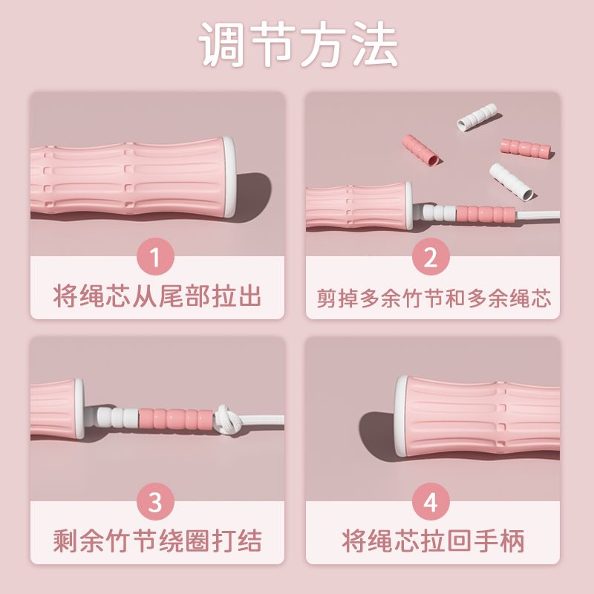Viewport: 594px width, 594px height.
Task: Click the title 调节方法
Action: pyautogui.click(x=298, y=44)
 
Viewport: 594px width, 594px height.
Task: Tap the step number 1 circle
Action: pyautogui.click(x=155, y=256)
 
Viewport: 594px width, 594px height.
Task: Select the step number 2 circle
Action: pyautogui.click(x=431, y=256)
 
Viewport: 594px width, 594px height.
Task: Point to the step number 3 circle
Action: pyautogui.click(x=155, y=501)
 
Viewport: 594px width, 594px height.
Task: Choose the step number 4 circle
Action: pyautogui.click(x=431, y=501)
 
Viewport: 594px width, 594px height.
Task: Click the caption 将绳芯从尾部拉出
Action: pyautogui.click(x=157, y=296)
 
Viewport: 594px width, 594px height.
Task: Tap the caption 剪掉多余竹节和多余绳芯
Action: pyautogui.click(x=434, y=298)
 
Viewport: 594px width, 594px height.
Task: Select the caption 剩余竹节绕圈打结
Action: pyautogui.click(x=157, y=541)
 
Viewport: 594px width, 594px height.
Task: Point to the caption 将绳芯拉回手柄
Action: pyautogui.click(x=433, y=541)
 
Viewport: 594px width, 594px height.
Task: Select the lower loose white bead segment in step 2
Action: pyautogui.click(x=512, y=182)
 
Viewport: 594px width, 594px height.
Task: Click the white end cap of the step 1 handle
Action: pyautogui.click(x=229, y=177)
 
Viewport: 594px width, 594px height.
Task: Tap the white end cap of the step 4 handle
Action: pyautogui.click(x=400, y=416)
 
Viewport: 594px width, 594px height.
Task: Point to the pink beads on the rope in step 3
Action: pyautogui.click(x=177, y=418)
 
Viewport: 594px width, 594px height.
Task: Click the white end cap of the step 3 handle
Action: pyautogui.click(x=79, y=408)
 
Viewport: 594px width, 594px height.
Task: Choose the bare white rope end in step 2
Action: pyautogui.click(x=538, y=215)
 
